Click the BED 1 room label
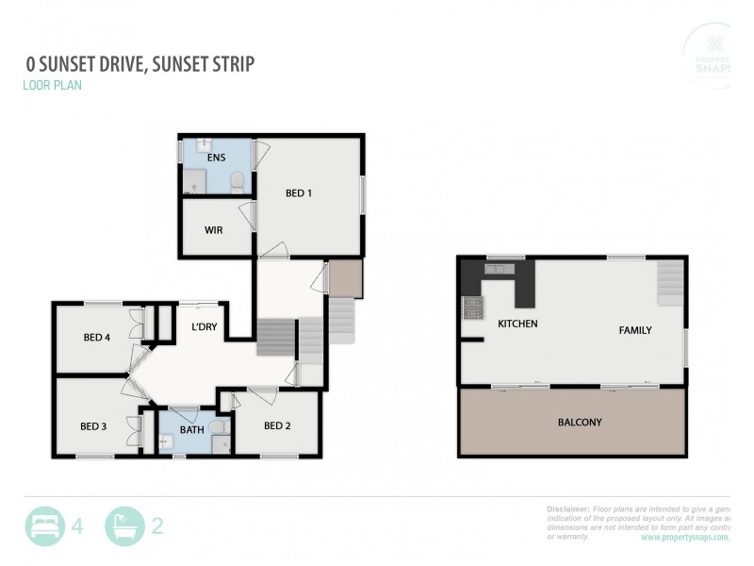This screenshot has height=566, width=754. (x=299, y=193)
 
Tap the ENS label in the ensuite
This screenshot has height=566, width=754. (x=217, y=158)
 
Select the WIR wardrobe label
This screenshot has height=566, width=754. (x=213, y=230)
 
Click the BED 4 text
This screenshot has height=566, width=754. (x=98, y=338)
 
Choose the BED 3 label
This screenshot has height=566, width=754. (x=93, y=426)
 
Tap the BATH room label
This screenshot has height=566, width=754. (x=192, y=430)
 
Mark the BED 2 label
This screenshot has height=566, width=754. (x=277, y=425)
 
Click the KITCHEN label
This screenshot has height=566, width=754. (x=517, y=324)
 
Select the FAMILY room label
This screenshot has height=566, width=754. (x=634, y=330)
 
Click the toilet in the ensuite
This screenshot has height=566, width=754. (x=238, y=181)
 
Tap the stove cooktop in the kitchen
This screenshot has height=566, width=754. (x=471, y=307)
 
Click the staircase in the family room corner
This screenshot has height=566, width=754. (x=670, y=280)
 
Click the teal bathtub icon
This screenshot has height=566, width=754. (x=124, y=526)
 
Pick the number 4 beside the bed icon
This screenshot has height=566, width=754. (x=77, y=526)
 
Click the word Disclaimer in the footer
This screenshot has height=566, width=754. (x=568, y=508)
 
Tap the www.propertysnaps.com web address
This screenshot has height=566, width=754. (x=685, y=537)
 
